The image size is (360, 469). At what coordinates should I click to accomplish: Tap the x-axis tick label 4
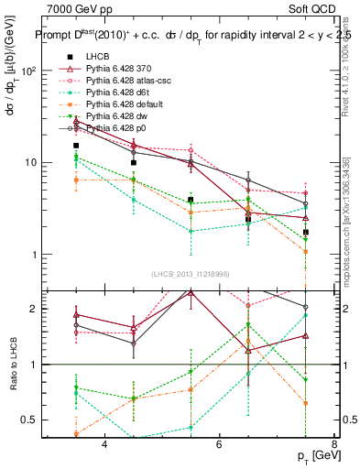click(x=104, y=444)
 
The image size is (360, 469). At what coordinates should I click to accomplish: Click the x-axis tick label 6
click(x=219, y=444)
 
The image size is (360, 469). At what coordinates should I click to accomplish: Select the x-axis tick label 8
click(x=333, y=444)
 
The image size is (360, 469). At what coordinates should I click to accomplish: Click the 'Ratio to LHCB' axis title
click(x=14, y=365)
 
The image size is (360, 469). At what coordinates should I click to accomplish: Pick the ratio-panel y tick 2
click(x=36, y=309)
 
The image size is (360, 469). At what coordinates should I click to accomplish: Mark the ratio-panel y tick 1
click(x=36, y=365)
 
